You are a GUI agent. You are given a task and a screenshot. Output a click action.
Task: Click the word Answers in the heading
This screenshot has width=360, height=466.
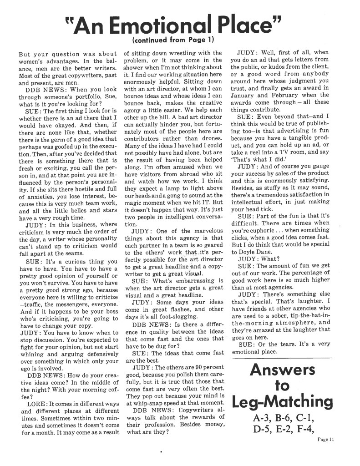282,370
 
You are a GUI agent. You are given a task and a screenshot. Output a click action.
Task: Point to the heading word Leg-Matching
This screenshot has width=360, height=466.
282,402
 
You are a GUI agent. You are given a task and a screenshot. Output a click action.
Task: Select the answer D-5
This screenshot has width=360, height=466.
264,429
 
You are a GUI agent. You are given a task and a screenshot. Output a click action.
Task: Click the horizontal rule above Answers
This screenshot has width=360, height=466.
282,358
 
